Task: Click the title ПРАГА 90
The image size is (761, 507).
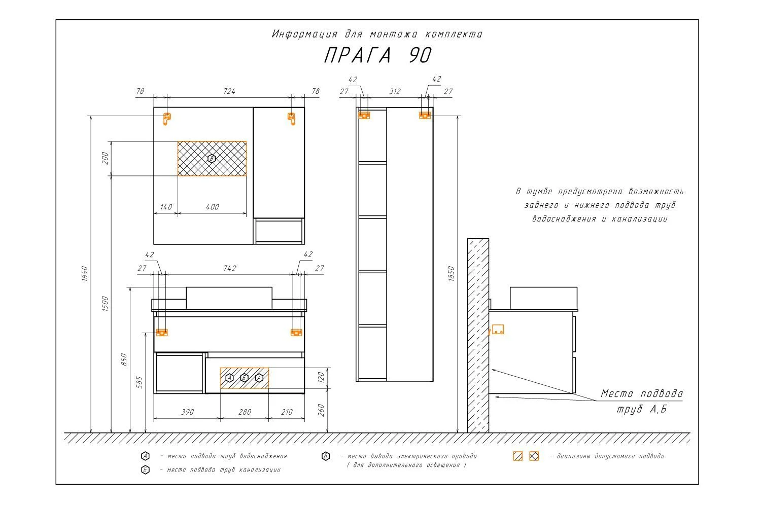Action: (377, 55)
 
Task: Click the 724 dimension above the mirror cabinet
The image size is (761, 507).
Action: (229, 91)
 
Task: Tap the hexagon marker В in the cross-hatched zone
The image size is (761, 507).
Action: (212, 159)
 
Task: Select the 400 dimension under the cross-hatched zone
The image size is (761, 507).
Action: (213, 207)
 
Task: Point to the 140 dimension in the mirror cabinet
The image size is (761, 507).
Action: (166, 207)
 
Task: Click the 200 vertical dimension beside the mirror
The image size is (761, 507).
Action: (105, 158)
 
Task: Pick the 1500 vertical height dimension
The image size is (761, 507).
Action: (105, 303)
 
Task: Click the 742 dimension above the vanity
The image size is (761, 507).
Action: (230, 268)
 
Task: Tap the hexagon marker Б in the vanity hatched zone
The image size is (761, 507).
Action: (244, 378)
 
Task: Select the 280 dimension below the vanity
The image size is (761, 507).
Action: (245, 412)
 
